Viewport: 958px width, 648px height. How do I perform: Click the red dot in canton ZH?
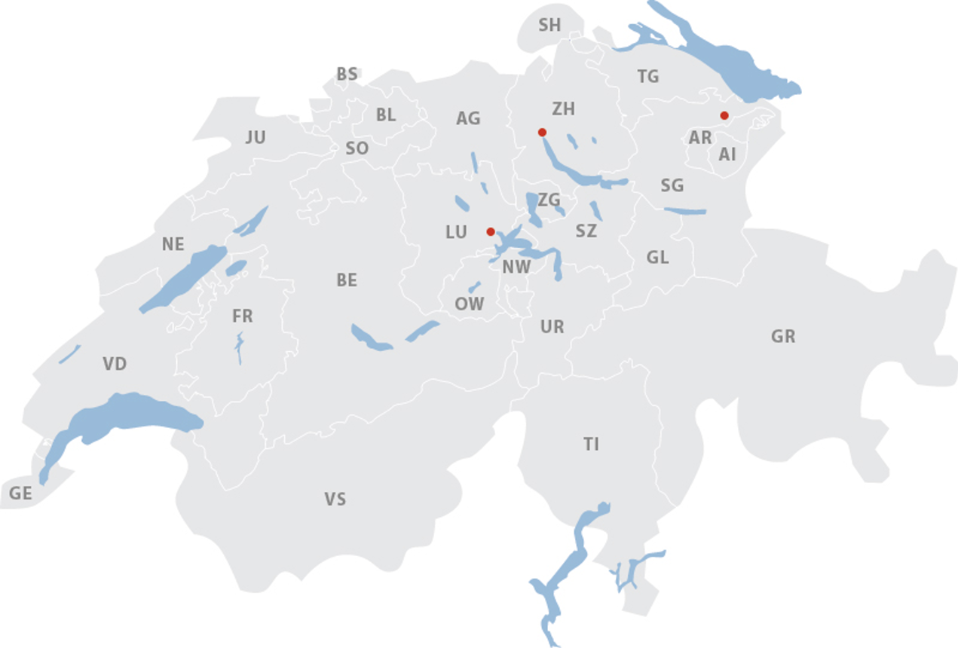(542, 133)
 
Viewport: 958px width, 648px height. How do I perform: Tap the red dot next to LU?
(491, 231)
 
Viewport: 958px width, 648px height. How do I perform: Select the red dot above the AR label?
(724, 115)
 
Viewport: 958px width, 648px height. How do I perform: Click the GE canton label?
(21, 494)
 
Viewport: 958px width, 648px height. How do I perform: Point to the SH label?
(549, 26)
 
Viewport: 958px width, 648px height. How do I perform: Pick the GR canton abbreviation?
(783, 337)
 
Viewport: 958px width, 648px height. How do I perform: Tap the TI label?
(591, 445)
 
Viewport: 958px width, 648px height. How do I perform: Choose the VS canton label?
(335, 499)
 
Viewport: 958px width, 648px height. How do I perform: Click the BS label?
(347, 75)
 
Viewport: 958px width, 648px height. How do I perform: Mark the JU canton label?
(256, 137)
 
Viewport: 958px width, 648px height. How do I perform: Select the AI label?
(727, 154)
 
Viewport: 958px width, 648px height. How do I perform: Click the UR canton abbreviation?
(552, 327)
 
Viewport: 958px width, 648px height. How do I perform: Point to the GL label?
(657, 258)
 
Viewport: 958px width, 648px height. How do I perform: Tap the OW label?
(469, 304)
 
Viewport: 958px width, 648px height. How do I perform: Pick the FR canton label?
(242, 316)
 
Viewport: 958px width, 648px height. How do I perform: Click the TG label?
(647, 77)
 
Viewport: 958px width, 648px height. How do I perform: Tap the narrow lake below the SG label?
(685, 211)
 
